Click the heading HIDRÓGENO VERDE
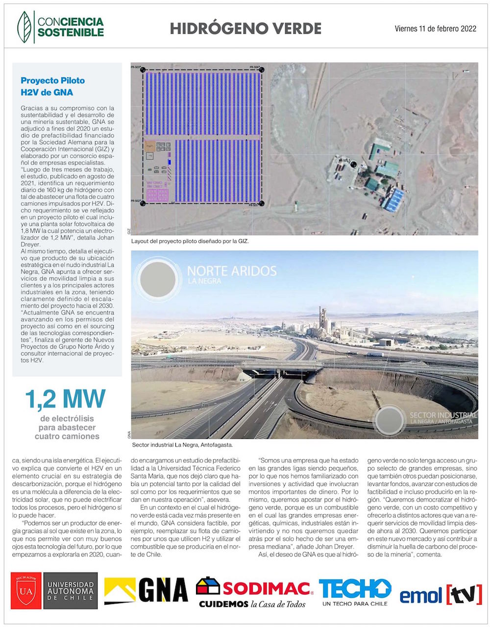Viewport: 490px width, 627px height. (x=245, y=28)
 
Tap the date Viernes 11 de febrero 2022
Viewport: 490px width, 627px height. (x=435, y=29)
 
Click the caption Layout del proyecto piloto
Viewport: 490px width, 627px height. (x=191, y=241)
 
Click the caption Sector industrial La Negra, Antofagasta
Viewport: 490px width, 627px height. (x=182, y=445)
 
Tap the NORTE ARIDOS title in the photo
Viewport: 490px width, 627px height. (x=232, y=271)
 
